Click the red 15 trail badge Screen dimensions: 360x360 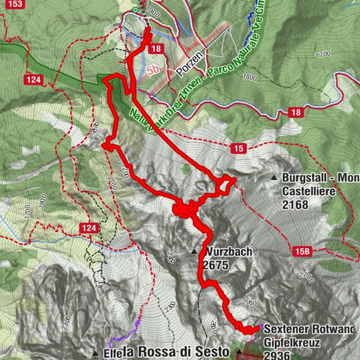(x=239, y=149)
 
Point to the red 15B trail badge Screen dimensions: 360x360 (x=302, y=252)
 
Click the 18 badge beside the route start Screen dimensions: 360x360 (x=156, y=48)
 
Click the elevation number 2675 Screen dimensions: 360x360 (x=215, y=265)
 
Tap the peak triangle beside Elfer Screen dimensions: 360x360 (x=96, y=352)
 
